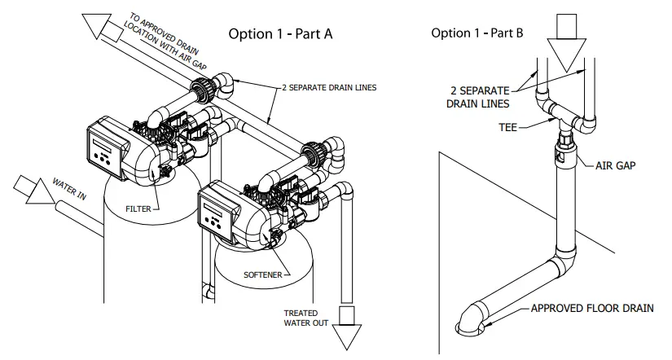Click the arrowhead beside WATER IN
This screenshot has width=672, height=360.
tap(32, 191)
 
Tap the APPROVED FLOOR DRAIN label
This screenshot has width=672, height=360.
tap(591, 308)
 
